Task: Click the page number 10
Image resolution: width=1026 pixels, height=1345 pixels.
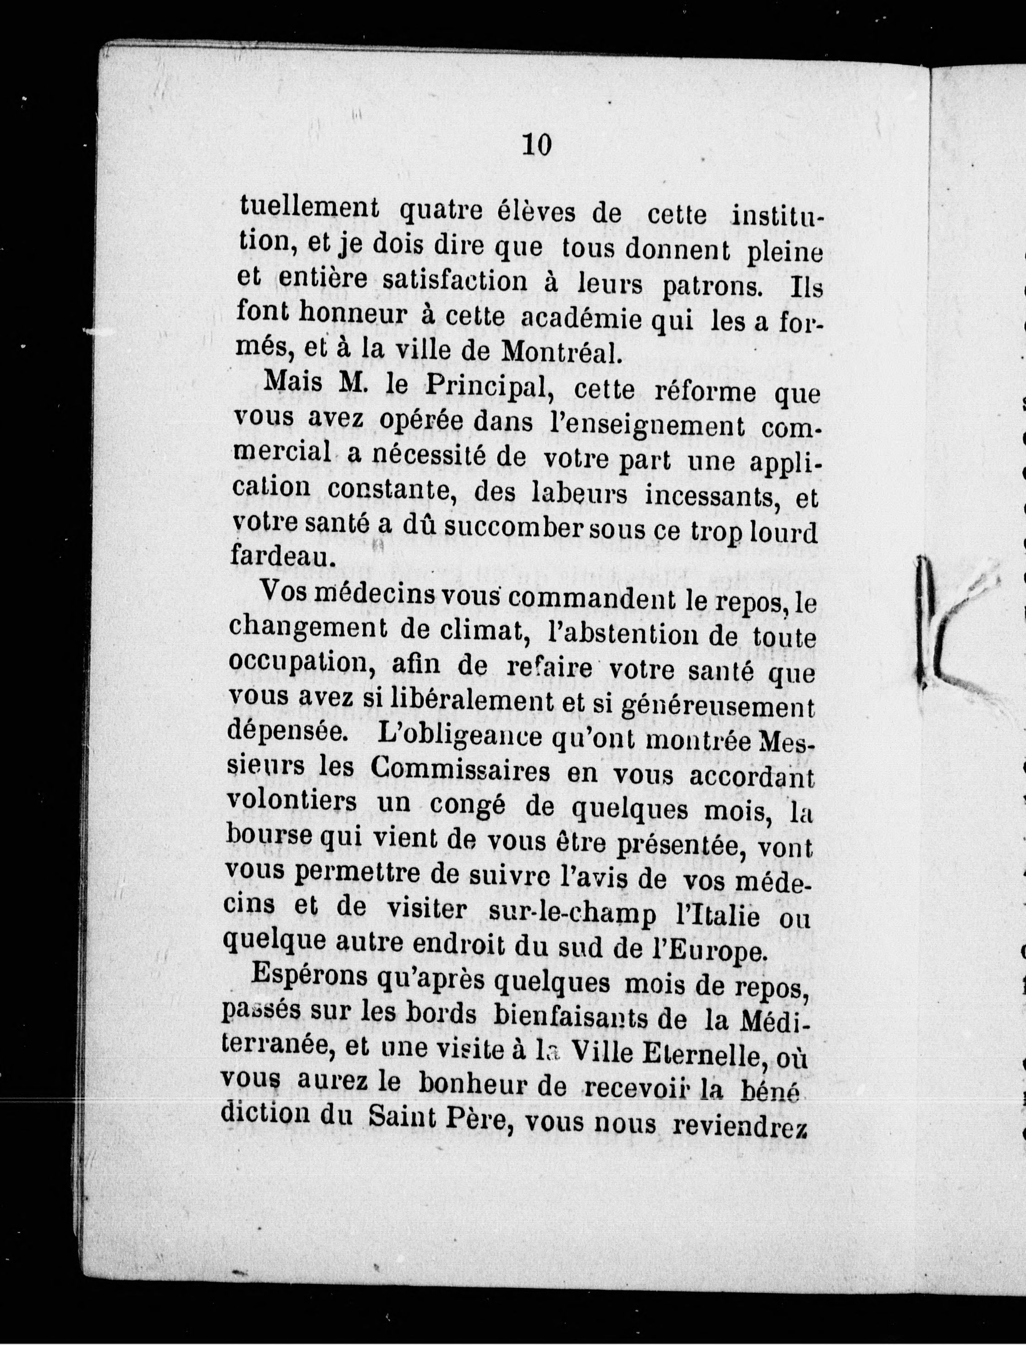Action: [537, 145]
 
